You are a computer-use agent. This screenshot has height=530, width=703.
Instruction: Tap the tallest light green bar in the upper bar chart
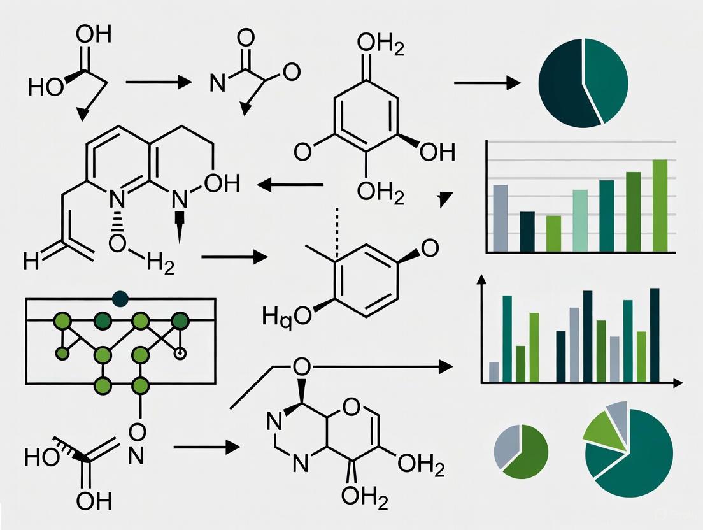[660, 204]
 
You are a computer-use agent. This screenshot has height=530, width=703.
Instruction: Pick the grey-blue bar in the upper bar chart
[501, 217]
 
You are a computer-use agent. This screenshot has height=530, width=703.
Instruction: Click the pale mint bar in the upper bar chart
[580, 220]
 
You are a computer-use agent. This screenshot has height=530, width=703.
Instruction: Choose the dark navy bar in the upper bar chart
[527, 231]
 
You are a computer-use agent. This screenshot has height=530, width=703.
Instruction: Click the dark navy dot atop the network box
[120, 298]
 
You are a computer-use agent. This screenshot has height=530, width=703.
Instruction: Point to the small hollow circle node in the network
[181, 352]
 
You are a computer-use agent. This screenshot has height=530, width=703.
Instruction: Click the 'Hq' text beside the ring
[278, 316]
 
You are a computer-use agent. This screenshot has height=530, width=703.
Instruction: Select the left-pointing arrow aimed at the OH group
[290, 185]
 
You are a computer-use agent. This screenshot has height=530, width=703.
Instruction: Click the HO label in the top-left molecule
[46, 86]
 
